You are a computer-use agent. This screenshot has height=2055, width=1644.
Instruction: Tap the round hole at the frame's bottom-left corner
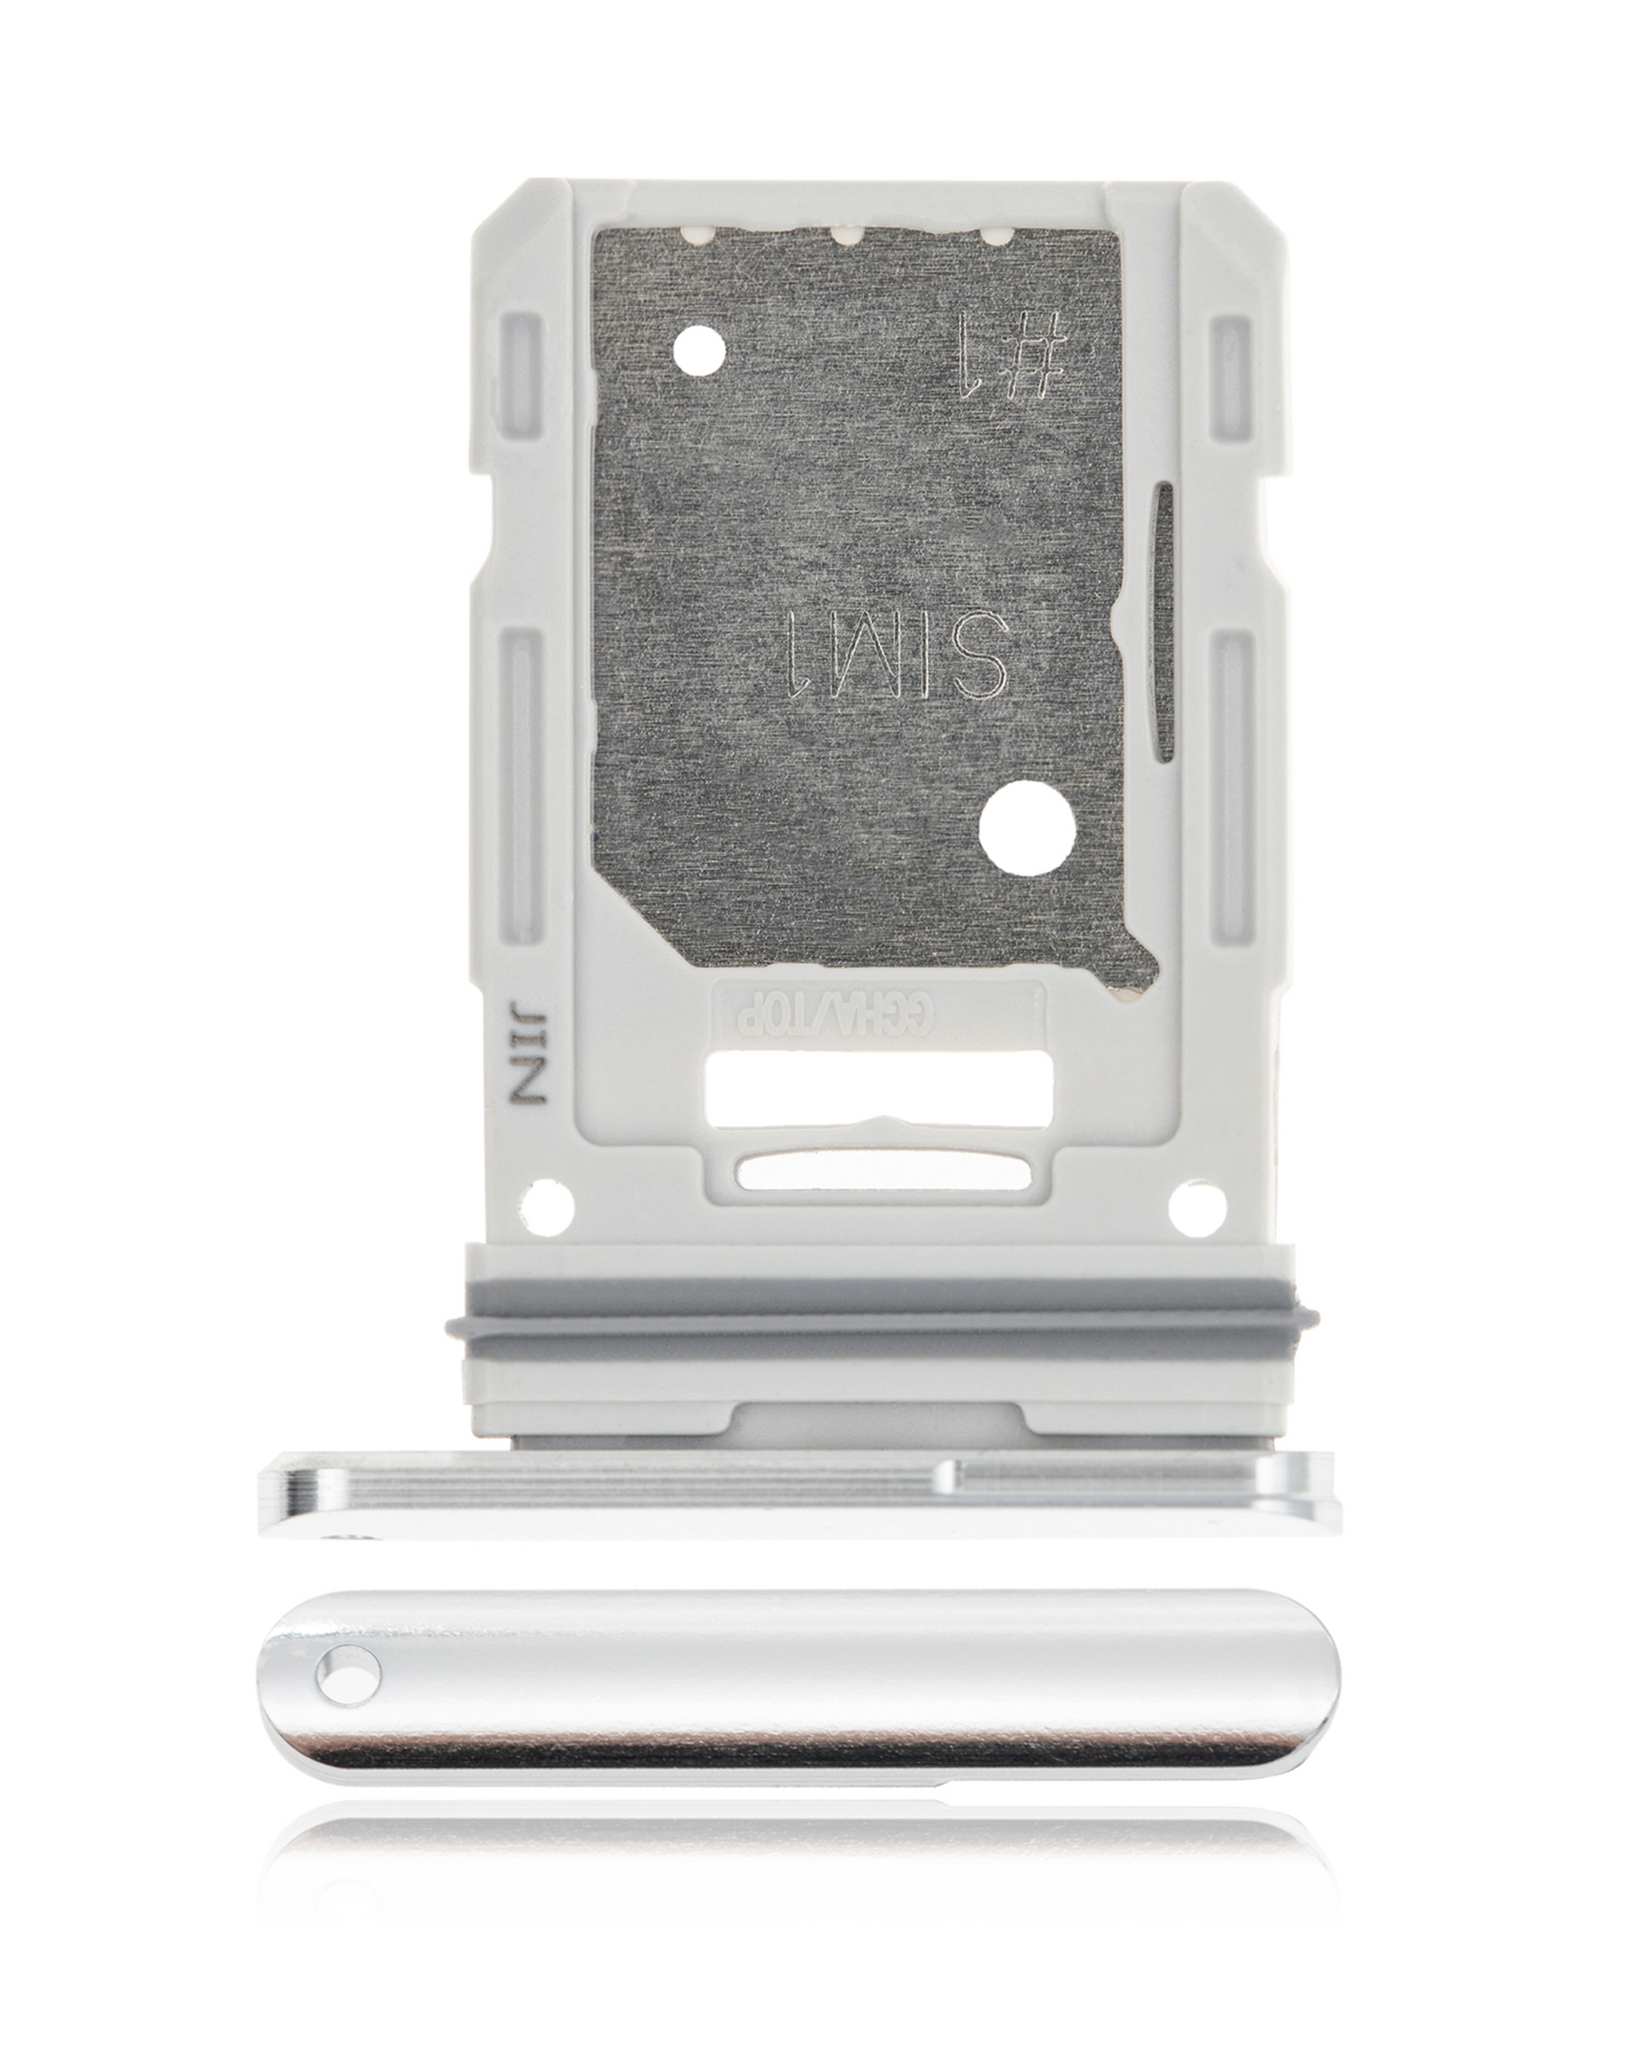[x=549, y=1205]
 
